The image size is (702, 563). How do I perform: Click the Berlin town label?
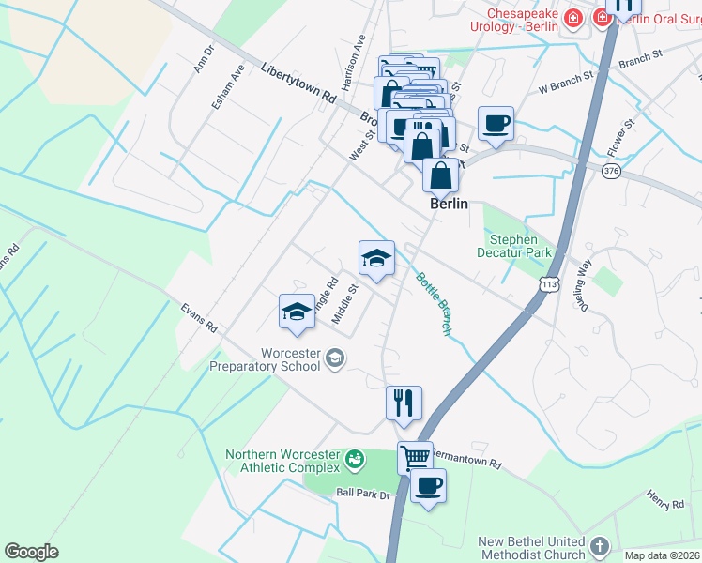pyautogui.click(x=449, y=203)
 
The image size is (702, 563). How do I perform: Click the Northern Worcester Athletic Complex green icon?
pyautogui.click(x=355, y=459)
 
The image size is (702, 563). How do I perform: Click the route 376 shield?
pyautogui.click(x=611, y=170)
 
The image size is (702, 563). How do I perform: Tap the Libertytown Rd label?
pyautogui.click(x=299, y=83)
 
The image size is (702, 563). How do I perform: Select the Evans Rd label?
pyautogui.click(x=199, y=318)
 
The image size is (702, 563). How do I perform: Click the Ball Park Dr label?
pyautogui.click(x=362, y=492)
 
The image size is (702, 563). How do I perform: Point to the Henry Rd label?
pyautogui.click(x=665, y=499)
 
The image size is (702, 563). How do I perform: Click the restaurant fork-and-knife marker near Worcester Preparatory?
pyautogui.click(x=404, y=402)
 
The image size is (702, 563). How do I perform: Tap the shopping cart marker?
pyautogui.click(x=415, y=457)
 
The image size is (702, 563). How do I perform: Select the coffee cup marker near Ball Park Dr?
pyautogui.click(x=429, y=485)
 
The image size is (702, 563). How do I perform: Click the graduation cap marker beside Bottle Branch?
pyautogui.click(x=376, y=258)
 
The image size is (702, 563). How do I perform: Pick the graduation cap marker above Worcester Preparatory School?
pyautogui.click(x=297, y=312)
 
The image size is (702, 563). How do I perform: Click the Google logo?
pyautogui.click(x=32, y=552)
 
